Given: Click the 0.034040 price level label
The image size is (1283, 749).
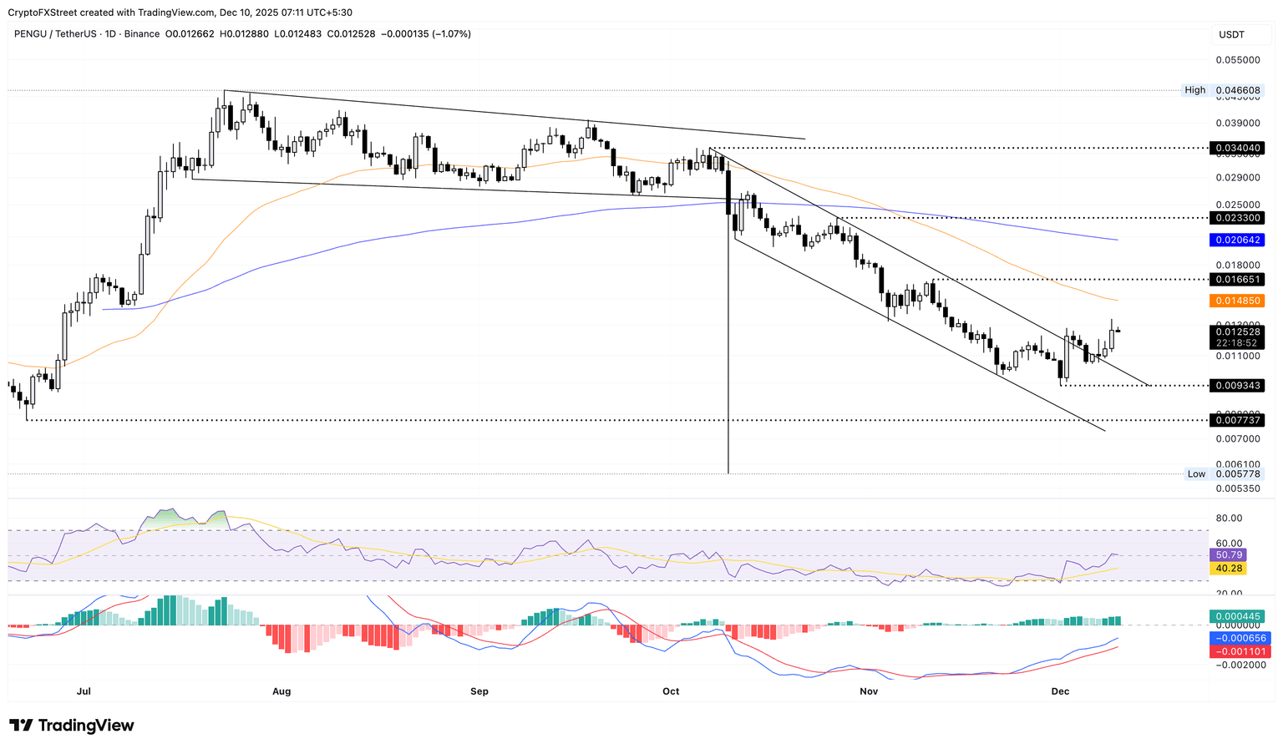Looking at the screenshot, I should (1239, 147).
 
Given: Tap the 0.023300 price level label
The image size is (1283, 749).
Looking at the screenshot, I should (1239, 217).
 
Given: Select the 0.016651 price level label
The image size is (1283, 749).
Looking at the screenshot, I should (1239, 279).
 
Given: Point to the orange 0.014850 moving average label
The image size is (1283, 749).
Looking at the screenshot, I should (1239, 301).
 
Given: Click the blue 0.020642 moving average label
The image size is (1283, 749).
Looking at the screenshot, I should (1239, 240).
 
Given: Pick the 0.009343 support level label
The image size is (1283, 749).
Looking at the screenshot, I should (1239, 386).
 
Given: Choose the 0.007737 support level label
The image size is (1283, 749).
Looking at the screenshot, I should (1239, 421).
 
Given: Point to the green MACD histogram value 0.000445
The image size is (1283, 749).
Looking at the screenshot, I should (1239, 616).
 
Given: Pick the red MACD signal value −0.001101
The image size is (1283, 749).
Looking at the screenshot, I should (1239, 651).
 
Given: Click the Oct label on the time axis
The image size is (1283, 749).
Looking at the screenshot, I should (671, 691).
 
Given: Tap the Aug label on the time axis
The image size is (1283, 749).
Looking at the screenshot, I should (281, 691).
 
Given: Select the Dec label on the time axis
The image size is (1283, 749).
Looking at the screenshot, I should (1060, 691).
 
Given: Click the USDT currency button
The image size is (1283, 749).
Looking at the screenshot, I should (1232, 34).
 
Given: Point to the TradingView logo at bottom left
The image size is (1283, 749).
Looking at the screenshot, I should (72, 726).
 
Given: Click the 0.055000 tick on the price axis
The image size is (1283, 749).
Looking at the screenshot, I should (1239, 60).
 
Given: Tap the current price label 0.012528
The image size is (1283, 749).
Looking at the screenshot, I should (1239, 331).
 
